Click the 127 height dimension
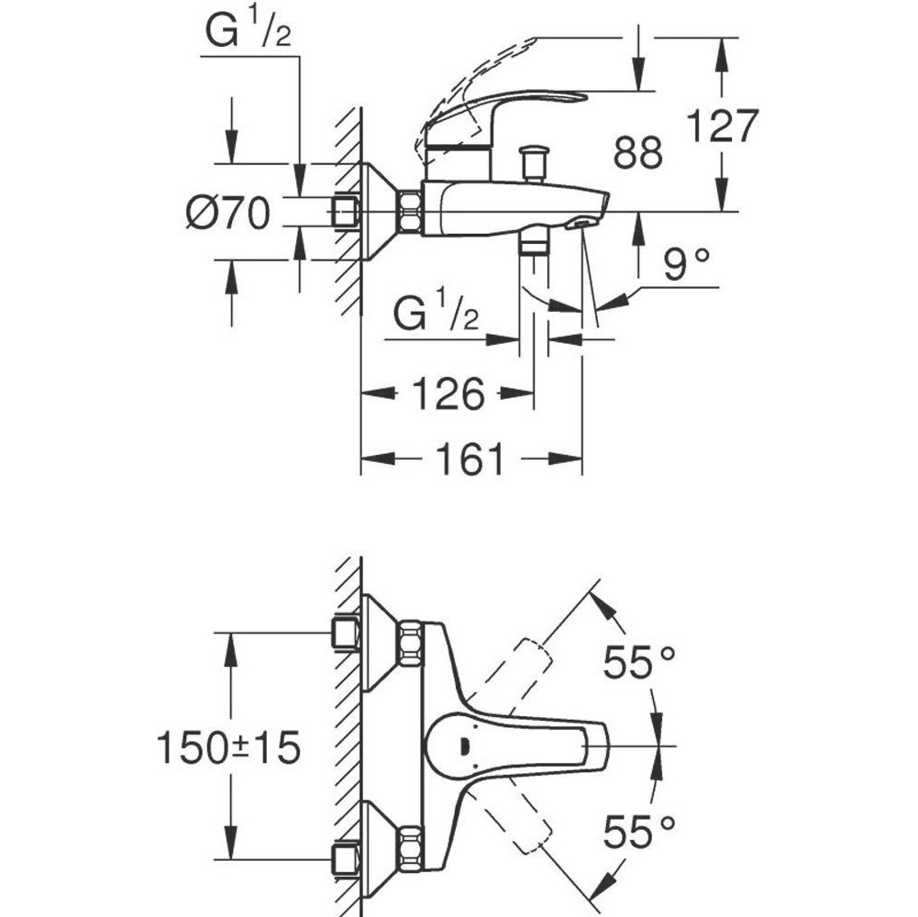point(722,126)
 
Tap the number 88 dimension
point(638,152)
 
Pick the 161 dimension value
point(471,458)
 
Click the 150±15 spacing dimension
point(228,747)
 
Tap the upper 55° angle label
point(639,662)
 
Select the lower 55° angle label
point(639,832)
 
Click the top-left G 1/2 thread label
point(249,31)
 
